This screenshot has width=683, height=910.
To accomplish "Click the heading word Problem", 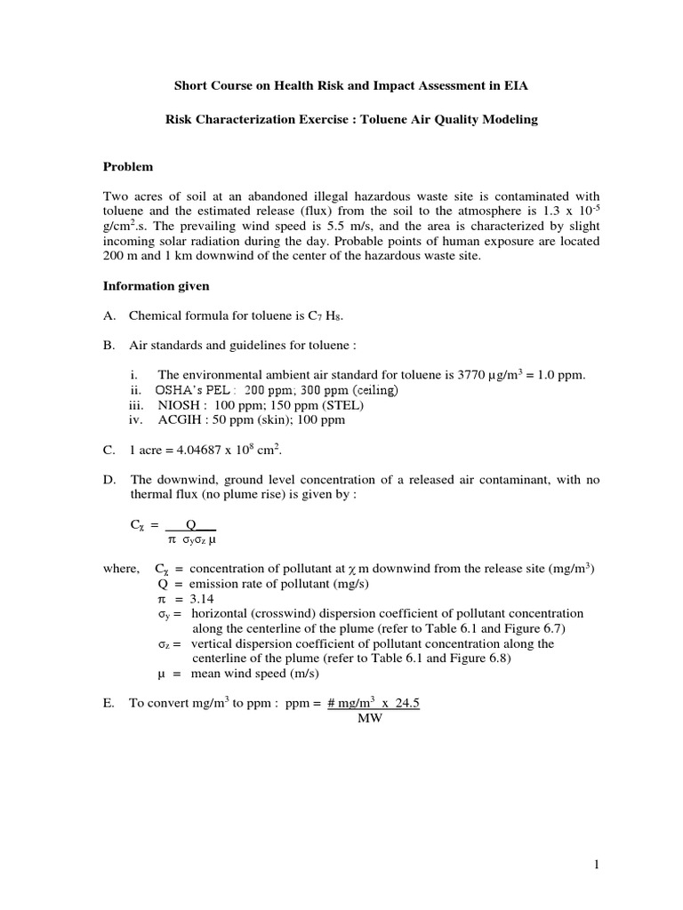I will (x=128, y=166).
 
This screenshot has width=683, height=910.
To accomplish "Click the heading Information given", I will (x=157, y=286).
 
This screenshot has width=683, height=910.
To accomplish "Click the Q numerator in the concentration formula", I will (x=189, y=524).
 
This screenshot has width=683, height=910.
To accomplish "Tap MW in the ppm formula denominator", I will (x=369, y=718).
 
